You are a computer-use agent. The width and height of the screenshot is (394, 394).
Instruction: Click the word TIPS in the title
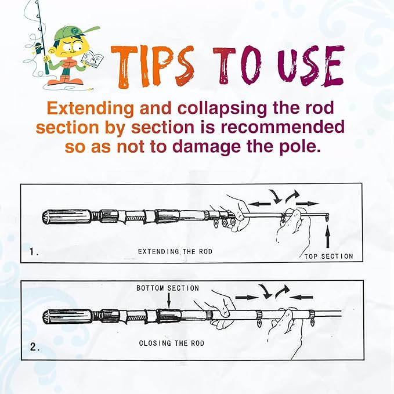pos(153,67)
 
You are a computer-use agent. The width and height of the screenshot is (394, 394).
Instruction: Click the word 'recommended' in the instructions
pos(283,127)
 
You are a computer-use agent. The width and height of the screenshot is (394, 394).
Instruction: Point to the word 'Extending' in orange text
pos(90,109)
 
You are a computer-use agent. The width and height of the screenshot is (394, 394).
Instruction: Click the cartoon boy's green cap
pos(74,32)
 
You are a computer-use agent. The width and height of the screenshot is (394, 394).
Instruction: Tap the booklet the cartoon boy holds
pos(92,60)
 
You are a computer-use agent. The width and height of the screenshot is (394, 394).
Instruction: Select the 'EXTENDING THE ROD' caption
pos(175,251)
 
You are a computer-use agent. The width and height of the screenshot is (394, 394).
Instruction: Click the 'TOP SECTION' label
pos(328,256)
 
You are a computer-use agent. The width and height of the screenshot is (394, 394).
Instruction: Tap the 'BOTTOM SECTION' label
pos(168,288)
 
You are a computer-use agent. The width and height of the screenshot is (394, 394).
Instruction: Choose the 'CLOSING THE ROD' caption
pos(172,343)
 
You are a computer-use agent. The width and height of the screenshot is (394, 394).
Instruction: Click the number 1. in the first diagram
pos(34,251)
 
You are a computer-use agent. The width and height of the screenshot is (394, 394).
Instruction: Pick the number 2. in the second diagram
pos(35,347)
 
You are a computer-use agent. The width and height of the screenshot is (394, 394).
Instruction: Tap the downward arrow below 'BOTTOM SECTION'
pos(169,300)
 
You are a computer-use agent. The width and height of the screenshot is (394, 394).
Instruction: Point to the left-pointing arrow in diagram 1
pos(259,204)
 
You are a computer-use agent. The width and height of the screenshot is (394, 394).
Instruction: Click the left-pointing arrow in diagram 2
pos(302,298)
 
